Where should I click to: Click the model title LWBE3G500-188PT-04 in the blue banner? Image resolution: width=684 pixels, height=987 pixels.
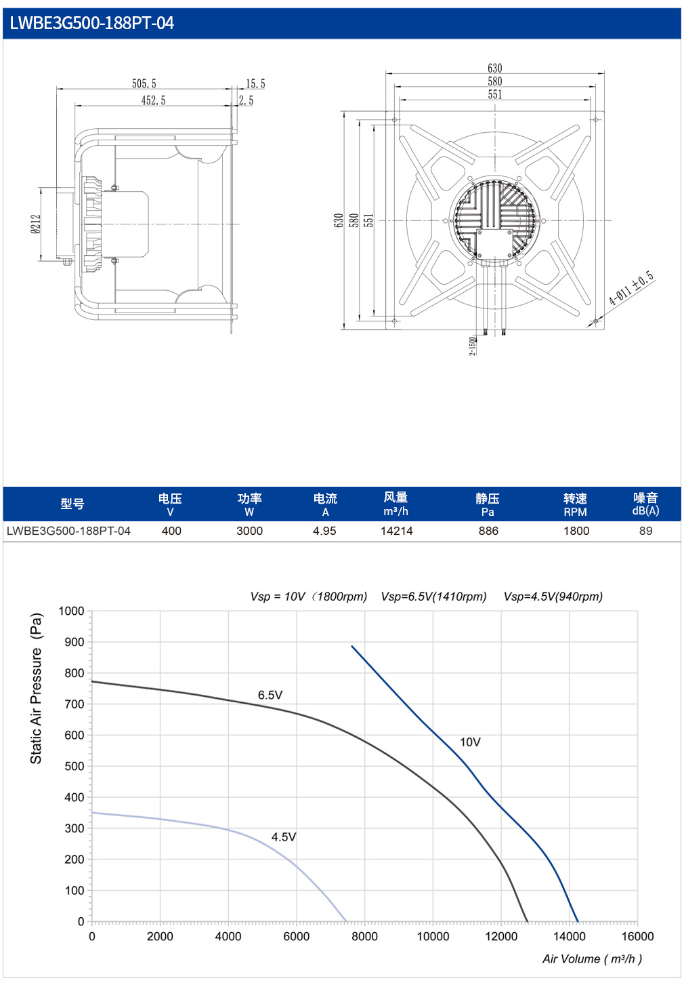coord(92,23)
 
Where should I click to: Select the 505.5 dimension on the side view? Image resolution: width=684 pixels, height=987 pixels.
coord(144,84)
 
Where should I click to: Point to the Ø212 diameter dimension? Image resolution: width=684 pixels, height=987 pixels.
coord(36,224)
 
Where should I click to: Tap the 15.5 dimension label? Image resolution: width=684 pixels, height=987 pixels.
coord(255,84)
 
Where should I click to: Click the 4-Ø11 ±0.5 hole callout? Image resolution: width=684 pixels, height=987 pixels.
coord(632,289)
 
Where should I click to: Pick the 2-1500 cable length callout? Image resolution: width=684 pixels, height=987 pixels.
coord(472,346)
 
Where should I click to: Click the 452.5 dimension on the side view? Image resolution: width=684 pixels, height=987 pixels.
coord(153,100)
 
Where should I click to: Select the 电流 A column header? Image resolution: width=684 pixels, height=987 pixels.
coord(325,505)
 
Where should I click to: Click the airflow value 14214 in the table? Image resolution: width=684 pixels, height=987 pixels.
coord(397,531)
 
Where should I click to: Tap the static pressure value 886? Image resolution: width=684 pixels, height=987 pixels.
coord(488,531)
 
